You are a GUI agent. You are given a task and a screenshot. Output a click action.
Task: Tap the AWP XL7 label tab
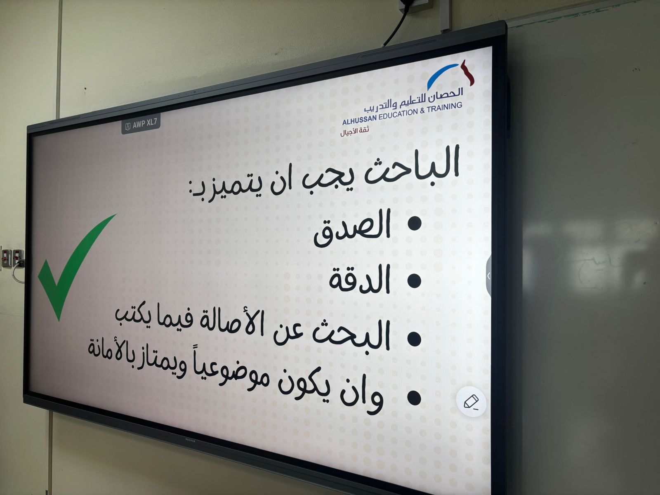[141, 123]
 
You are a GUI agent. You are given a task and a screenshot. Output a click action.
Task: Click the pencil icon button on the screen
[471, 401]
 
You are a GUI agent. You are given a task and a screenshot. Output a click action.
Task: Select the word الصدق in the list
[352, 229]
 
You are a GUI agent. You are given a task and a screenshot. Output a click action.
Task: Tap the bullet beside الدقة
[415, 280]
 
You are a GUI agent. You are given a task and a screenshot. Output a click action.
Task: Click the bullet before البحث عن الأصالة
[414, 339]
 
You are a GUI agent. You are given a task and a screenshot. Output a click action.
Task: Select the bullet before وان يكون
[414, 397]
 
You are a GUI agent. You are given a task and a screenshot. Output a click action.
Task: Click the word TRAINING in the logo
[444, 107]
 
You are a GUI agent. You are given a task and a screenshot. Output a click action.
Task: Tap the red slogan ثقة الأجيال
[354, 132]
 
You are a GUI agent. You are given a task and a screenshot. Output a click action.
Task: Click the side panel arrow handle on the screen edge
[489, 276]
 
